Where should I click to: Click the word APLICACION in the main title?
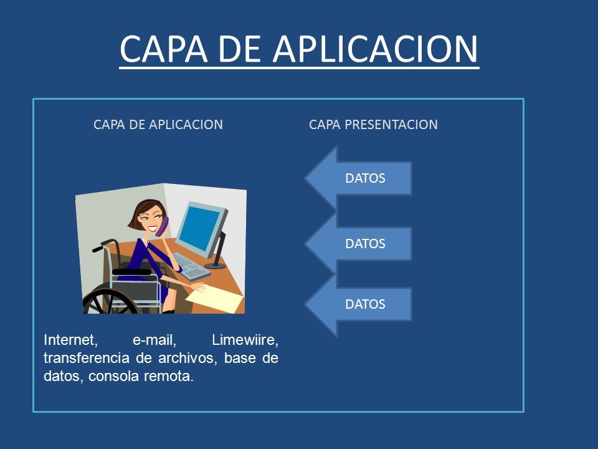[x=375, y=49]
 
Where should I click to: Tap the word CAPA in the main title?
[x=164, y=49]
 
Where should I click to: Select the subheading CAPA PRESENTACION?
[x=373, y=125]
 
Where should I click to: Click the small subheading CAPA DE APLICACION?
[x=158, y=125]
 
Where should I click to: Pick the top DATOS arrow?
[x=359, y=178]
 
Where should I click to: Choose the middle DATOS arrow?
[x=359, y=244]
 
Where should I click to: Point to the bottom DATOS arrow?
[x=359, y=304]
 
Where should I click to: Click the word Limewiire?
[x=245, y=340]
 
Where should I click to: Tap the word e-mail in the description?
[x=154, y=340]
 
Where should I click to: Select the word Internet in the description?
[x=70, y=340]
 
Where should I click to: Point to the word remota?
[x=169, y=377]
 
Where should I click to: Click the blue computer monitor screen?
[x=199, y=228]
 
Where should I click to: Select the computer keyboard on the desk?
[x=191, y=266]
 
